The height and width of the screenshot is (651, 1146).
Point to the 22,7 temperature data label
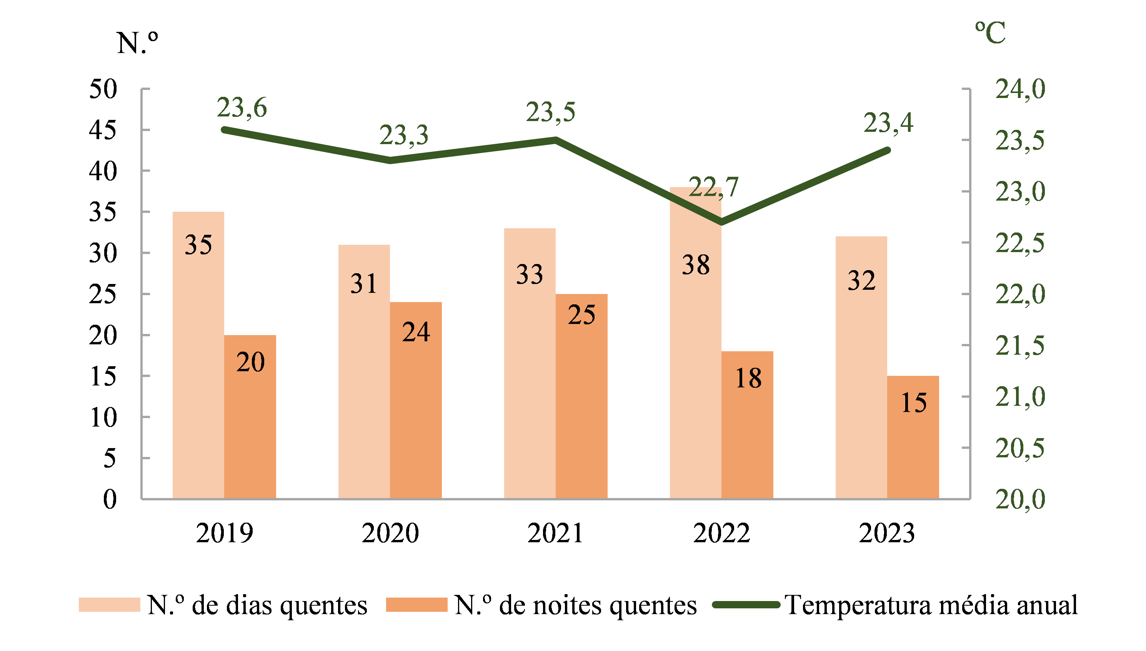[x=713, y=187]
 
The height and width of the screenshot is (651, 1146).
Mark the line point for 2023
[x=888, y=150]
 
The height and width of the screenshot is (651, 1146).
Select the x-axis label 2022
[x=721, y=533]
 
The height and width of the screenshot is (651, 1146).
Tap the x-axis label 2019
[x=224, y=533]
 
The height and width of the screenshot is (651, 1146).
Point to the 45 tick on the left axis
[x=103, y=130]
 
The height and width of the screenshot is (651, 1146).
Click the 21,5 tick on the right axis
[x=1020, y=345]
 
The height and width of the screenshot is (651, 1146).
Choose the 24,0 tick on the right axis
[x=1020, y=88]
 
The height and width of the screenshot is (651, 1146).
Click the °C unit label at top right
[x=990, y=33]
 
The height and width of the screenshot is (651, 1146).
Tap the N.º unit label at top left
[x=137, y=43]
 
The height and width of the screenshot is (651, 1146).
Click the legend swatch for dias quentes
[x=109, y=604]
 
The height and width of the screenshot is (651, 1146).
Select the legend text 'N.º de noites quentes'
[x=575, y=605]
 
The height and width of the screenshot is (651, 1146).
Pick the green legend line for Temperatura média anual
[x=746, y=604]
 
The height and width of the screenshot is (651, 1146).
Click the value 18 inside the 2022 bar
[x=748, y=378]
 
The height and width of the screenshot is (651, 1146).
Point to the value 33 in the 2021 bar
[x=530, y=274]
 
